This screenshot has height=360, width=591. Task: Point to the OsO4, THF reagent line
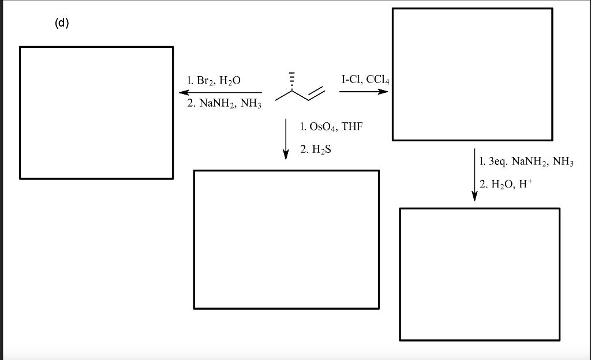(331, 126)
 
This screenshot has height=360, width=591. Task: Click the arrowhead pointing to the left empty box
(184, 92)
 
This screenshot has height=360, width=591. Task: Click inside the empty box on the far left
(96, 112)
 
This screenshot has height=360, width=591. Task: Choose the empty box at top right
(472, 74)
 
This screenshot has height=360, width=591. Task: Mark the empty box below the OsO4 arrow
(286, 239)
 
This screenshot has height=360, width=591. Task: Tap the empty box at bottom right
(479, 274)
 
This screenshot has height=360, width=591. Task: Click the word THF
(352, 126)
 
